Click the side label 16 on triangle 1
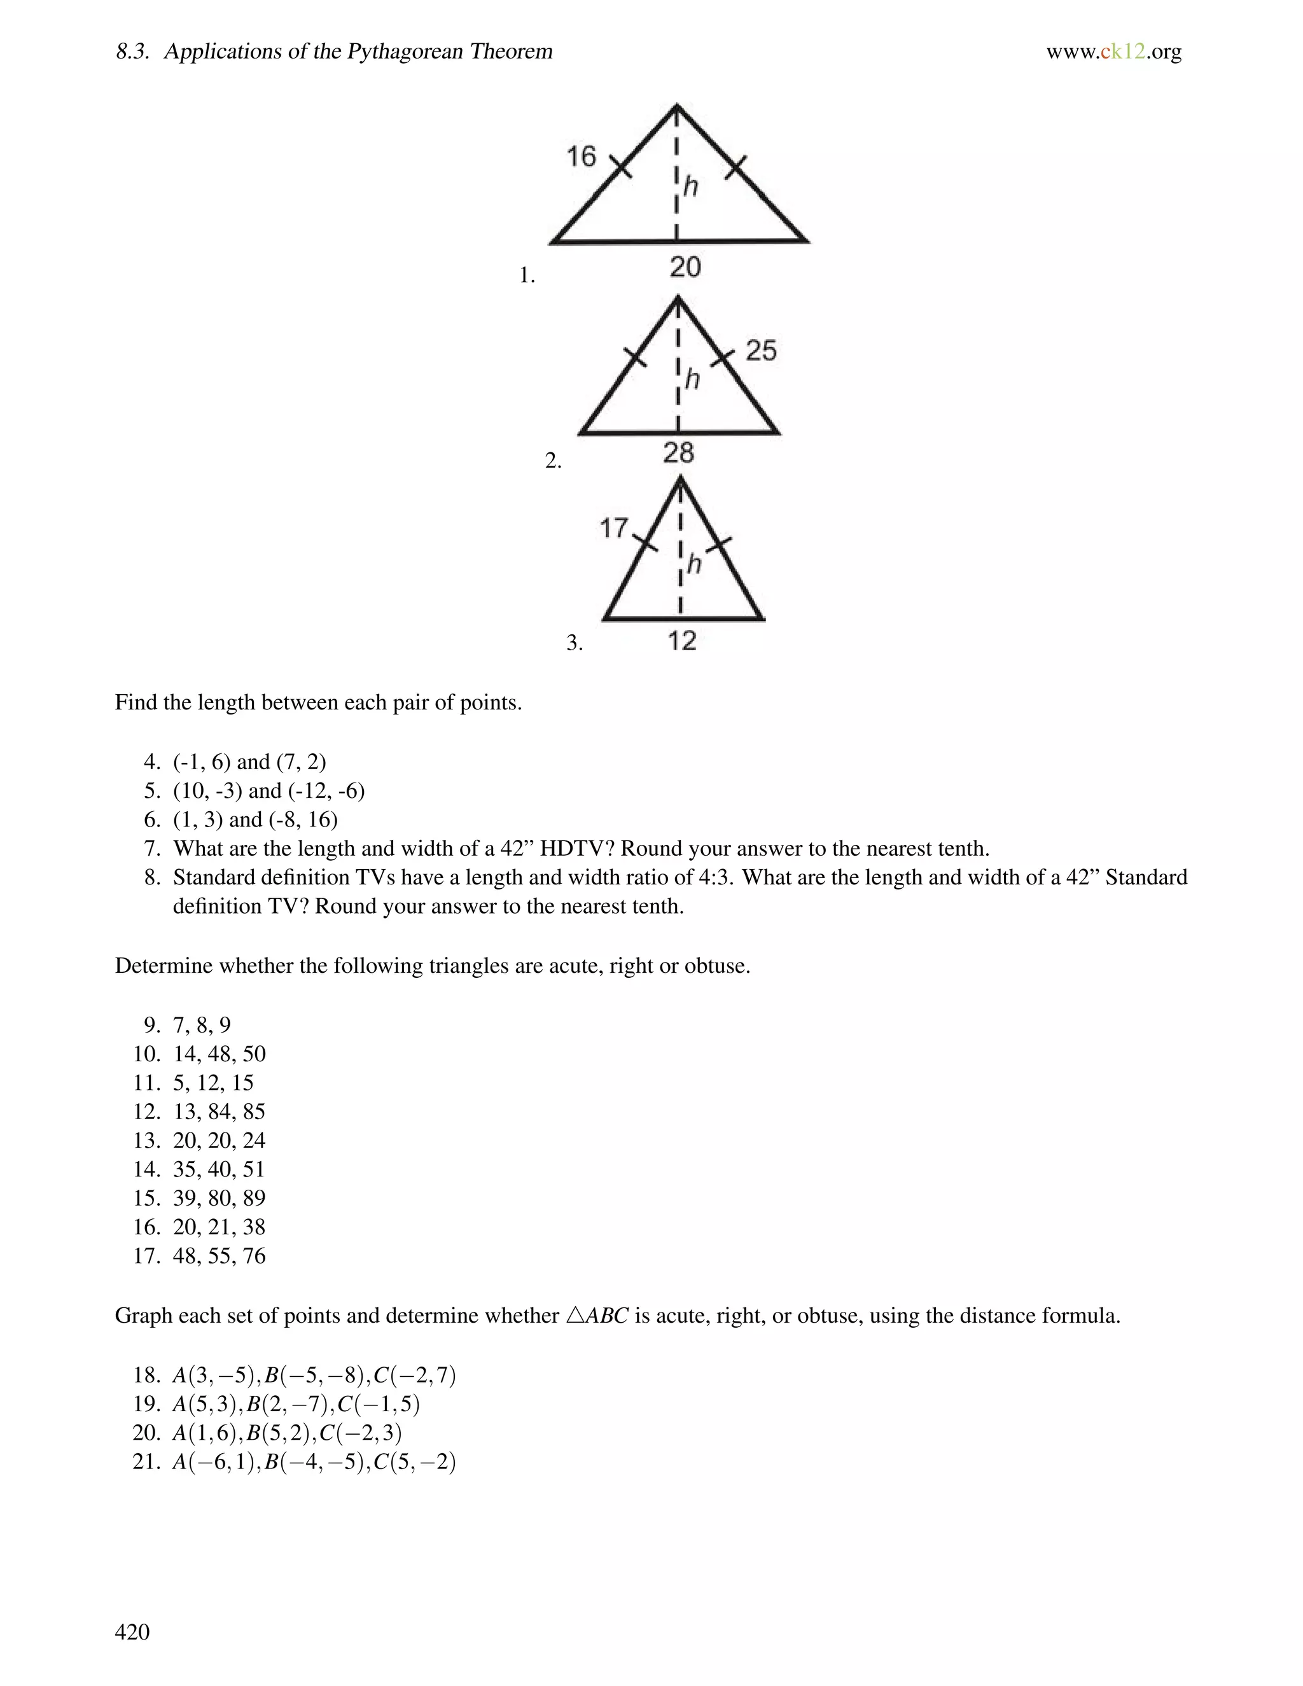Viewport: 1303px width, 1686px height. pos(582,157)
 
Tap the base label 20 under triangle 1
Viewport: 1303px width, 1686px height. pos(685,267)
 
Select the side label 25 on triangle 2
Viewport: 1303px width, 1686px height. pos(760,351)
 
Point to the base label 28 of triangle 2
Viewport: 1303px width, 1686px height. pos(678,452)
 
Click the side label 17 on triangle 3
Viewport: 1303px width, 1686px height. pos(615,529)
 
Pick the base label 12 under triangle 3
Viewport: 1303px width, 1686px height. pos(681,641)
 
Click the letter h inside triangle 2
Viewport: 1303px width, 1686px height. pos(692,379)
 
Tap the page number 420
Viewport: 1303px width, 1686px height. pos(132,1631)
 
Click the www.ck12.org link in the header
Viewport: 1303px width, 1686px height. pos(1113,52)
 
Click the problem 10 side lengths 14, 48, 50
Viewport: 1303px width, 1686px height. pos(219,1054)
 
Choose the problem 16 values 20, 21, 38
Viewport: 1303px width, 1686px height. pos(219,1227)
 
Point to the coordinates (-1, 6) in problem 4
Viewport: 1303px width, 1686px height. pos(202,762)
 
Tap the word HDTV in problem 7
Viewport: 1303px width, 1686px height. pos(572,848)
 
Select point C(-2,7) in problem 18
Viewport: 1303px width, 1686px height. pos(415,1375)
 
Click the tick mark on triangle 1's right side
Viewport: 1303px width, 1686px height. pos(735,167)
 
